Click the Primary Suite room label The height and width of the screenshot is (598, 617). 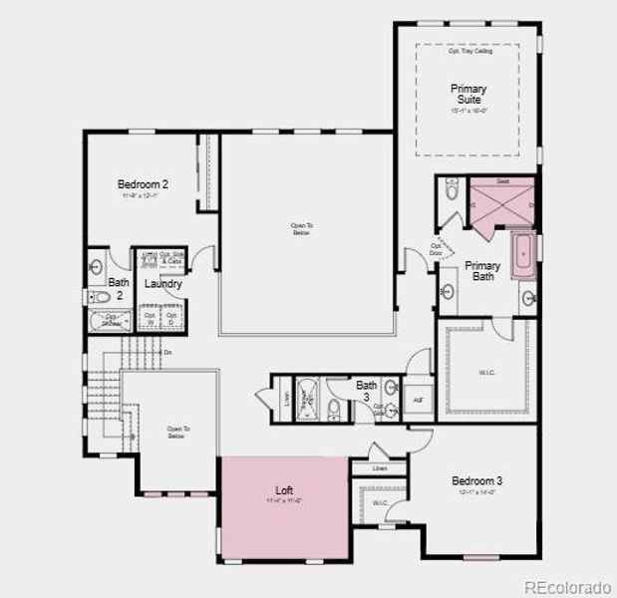(467, 95)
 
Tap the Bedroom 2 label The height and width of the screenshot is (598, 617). (143, 184)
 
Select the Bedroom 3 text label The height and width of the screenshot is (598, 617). (476, 480)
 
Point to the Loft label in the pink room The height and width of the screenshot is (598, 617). (284, 491)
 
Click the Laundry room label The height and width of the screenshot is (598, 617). (162, 284)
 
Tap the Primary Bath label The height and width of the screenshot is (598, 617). (482, 271)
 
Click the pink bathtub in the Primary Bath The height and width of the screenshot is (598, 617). (522, 256)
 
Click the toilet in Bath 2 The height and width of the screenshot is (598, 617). (100, 297)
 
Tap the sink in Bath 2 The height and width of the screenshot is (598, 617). (97, 266)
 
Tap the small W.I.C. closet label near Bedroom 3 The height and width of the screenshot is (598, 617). (380, 503)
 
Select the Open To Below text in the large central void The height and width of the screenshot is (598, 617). (302, 229)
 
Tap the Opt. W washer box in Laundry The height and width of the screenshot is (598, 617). (150, 318)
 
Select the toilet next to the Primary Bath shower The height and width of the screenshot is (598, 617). (451, 192)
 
